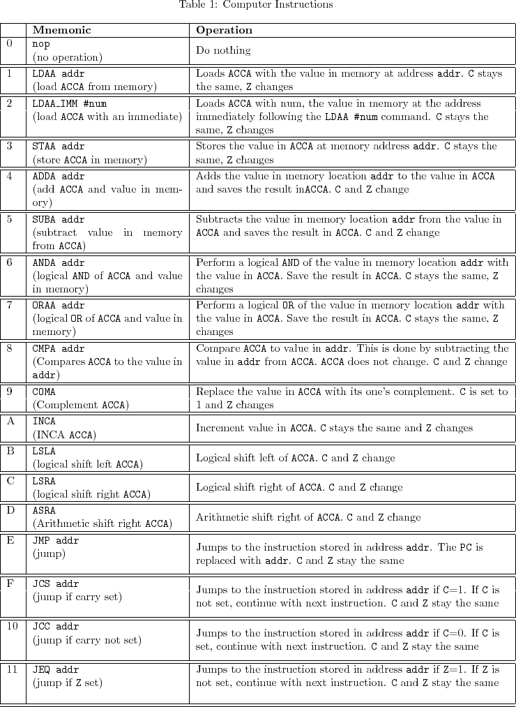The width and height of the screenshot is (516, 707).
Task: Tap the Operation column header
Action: tap(224, 30)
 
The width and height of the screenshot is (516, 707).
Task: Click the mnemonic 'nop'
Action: tap(41, 44)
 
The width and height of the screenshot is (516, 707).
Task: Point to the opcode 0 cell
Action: tap(9, 43)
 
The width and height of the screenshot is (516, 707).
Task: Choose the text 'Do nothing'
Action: tap(223, 50)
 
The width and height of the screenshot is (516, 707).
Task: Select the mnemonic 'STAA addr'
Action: tap(56, 147)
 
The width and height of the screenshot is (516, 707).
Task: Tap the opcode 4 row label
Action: tap(9, 177)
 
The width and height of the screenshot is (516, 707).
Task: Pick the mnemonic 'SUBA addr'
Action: tap(56, 219)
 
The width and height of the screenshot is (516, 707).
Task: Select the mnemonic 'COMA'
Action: tap(44, 392)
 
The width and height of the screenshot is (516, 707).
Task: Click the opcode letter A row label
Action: tap(10, 421)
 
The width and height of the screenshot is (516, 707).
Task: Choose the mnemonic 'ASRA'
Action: tap(44, 510)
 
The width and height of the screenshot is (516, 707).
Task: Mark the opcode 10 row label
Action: tap(12, 626)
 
